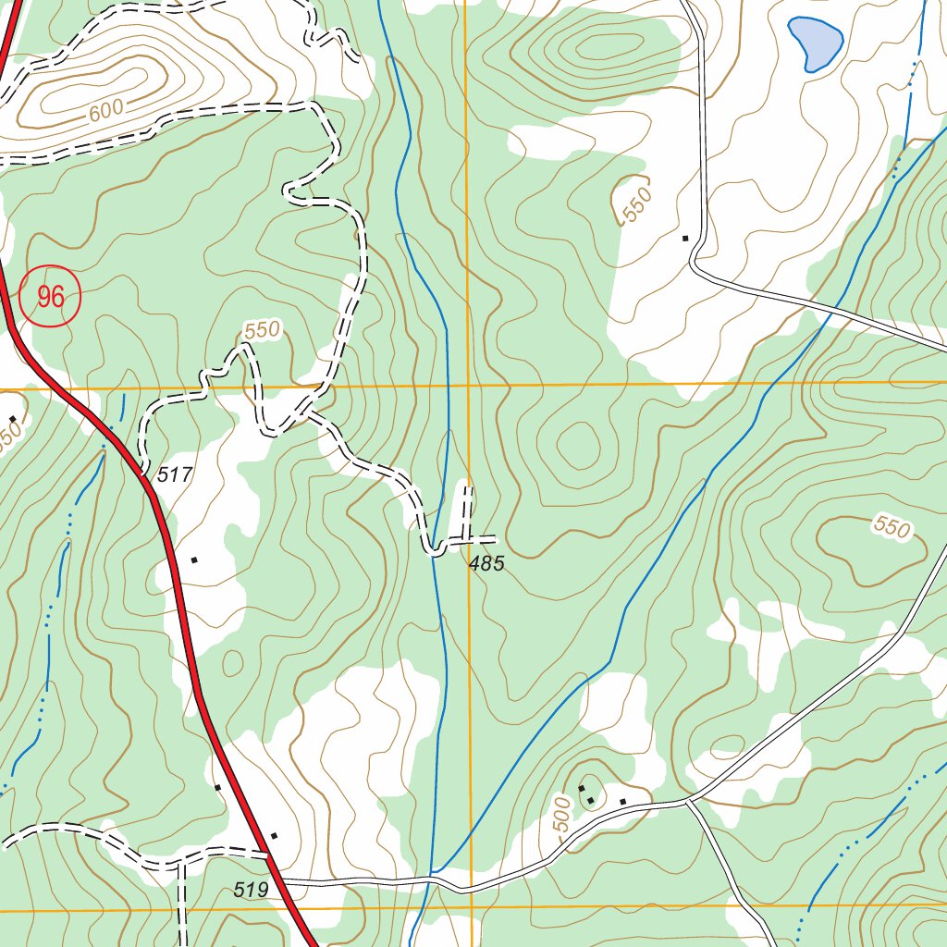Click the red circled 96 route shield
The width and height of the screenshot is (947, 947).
[x=51, y=296]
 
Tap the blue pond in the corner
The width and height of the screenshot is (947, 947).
[x=815, y=42]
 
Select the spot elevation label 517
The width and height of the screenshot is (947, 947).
[x=175, y=475]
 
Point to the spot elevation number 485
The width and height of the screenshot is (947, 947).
[x=486, y=563]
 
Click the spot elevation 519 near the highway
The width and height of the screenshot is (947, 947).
[x=251, y=890]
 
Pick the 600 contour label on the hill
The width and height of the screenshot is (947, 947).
[x=107, y=110]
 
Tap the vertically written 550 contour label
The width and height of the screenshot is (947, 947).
[x=637, y=204]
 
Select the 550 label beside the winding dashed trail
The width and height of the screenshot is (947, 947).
[x=262, y=329]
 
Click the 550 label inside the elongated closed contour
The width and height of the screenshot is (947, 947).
[x=892, y=528]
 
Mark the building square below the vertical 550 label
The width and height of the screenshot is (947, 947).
[x=685, y=239]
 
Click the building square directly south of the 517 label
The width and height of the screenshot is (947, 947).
[x=194, y=560]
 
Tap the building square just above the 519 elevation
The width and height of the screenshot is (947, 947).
[x=274, y=836]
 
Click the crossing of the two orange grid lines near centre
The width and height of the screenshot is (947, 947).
[x=468, y=385]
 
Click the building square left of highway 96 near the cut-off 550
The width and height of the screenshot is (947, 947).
[x=12, y=419]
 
